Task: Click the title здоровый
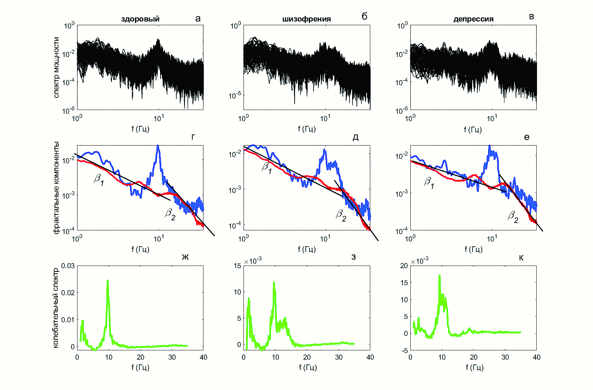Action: click(140, 19)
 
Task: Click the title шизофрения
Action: click(307, 19)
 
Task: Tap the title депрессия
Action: click(473, 19)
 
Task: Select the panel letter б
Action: click(364, 16)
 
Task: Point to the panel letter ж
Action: click(185, 257)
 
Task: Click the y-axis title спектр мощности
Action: click(56, 67)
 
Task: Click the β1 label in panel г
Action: click(99, 180)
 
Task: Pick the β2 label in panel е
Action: click(513, 216)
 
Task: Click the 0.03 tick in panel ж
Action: click(68, 266)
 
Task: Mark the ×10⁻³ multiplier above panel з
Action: click(253, 261)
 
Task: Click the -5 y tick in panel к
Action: click(404, 350)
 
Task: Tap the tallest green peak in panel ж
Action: click(107, 281)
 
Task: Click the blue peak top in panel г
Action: click(158, 146)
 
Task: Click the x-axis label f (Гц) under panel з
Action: click(308, 367)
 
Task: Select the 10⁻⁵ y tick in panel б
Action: click(235, 96)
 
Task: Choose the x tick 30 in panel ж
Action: click(172, 357)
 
